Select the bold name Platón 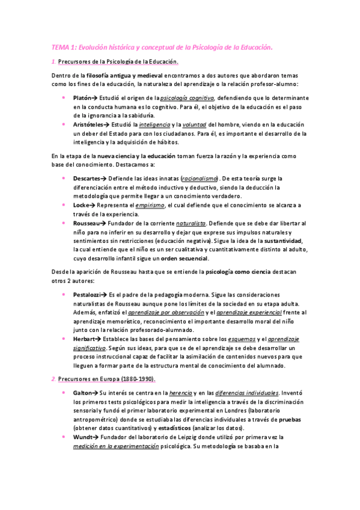pos(83,97)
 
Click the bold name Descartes pos(87,179)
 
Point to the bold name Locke pos(81,205)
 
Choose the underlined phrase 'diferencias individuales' pos(247,392)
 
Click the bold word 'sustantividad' pos(276,241)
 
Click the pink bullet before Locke pos(64,205)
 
